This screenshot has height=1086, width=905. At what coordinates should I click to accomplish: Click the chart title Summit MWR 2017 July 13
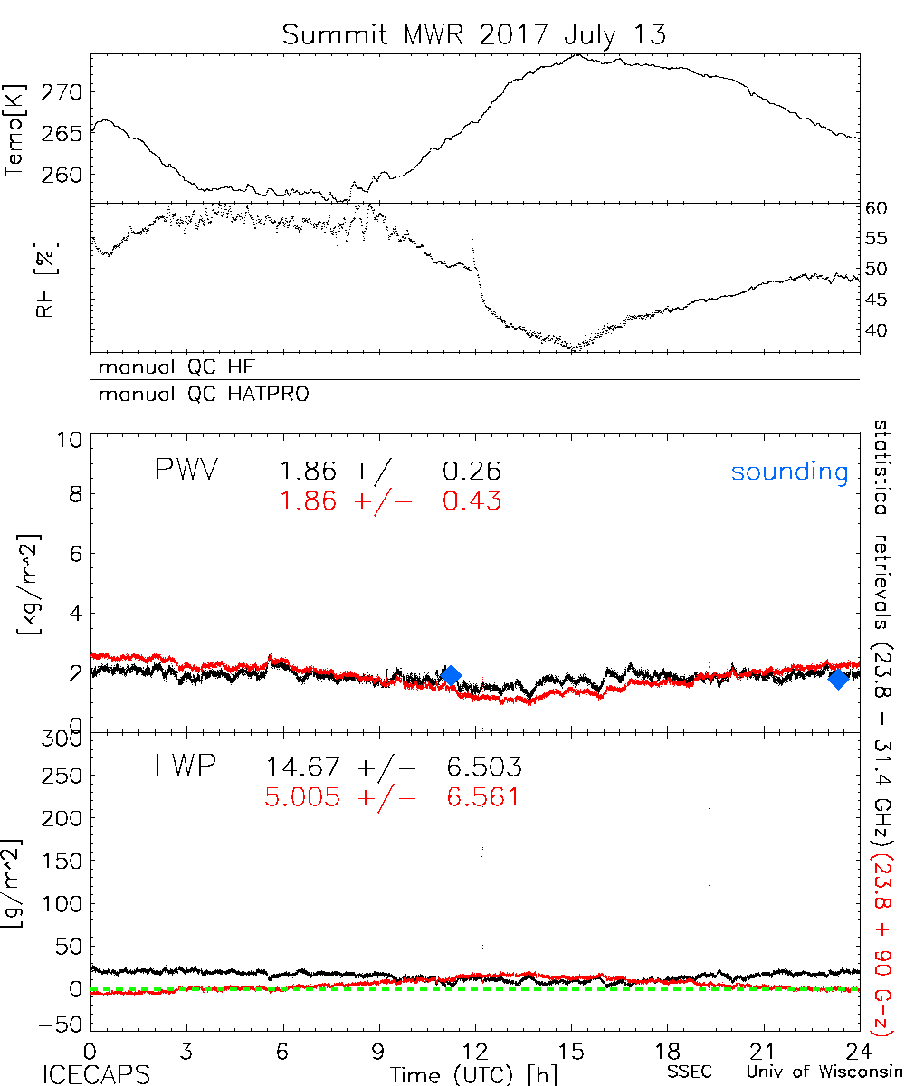pos(473,35)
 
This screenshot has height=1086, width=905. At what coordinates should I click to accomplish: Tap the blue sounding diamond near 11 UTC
pos(450,675)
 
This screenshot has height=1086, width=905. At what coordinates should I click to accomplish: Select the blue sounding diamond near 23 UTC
pos(838,679)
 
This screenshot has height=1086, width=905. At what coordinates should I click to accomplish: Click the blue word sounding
pos(789,472)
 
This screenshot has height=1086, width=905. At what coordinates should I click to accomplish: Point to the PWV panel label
pos(186,471)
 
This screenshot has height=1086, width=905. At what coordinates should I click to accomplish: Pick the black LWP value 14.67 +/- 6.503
pos(393,767)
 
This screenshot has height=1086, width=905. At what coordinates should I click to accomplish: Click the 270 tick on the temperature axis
pos(66,91)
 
